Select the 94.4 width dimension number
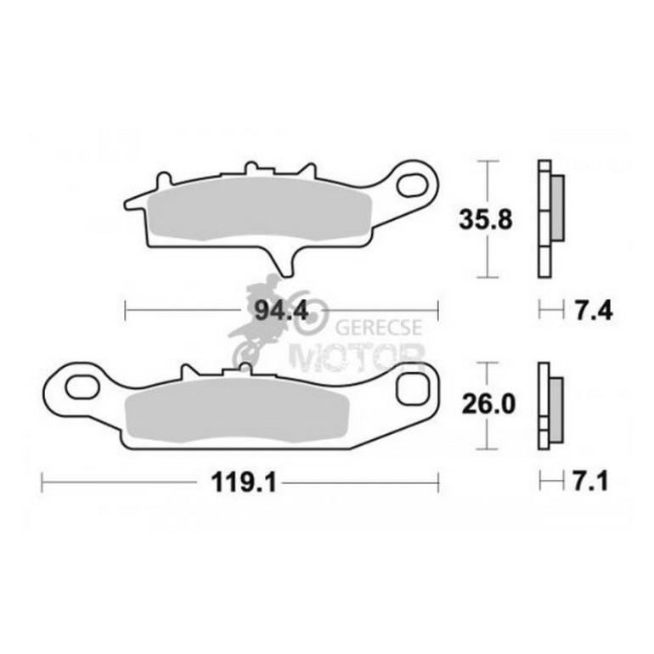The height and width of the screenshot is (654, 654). pos(281,311)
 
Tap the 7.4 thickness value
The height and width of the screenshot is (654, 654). pos(594,311)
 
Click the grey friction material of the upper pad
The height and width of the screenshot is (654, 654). pos(259,212)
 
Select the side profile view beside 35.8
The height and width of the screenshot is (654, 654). pos(549,218)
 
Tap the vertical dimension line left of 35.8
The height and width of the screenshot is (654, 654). pos(485,218)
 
